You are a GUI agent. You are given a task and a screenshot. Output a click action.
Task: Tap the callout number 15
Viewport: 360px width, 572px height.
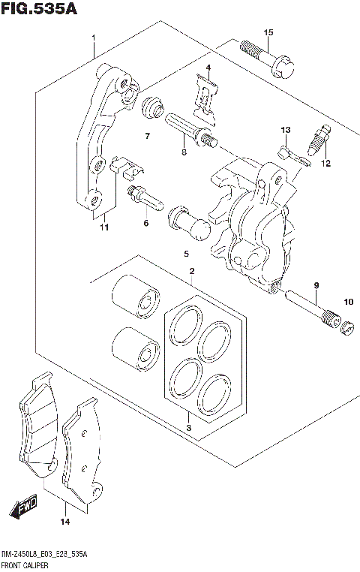268,31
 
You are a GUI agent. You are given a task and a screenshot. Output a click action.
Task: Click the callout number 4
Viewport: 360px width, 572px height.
208,68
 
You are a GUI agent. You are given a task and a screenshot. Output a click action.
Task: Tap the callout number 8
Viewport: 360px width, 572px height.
183,152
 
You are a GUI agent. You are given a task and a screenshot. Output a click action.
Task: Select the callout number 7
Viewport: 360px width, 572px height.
148,136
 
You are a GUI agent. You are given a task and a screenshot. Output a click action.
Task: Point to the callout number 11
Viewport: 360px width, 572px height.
103,227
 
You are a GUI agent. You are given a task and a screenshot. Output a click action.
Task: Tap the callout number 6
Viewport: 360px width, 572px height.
146,223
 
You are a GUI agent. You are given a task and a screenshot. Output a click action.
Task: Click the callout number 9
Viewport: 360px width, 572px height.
316,284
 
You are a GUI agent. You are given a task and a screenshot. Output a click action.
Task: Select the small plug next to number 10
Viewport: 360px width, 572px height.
347,327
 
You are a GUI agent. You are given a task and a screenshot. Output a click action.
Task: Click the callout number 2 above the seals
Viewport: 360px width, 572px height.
192,271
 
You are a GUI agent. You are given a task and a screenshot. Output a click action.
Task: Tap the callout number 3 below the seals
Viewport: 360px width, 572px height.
189,428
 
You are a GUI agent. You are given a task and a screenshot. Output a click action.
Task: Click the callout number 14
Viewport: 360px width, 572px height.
64,522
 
